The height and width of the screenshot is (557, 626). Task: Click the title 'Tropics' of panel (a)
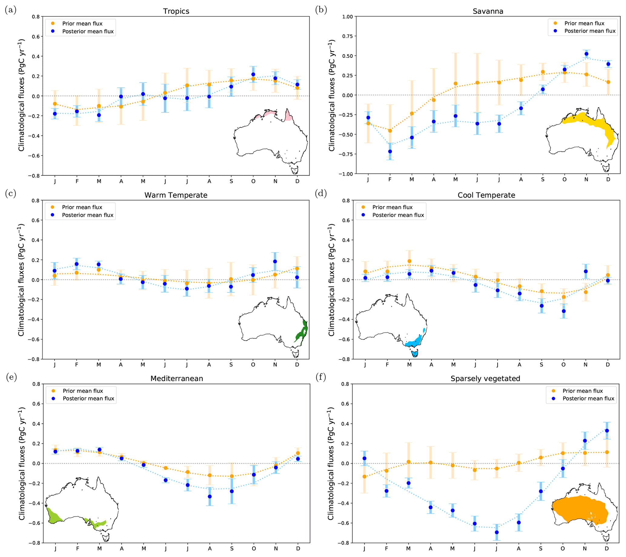pos(176,11)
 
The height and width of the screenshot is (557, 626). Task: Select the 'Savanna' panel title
pos(488,11)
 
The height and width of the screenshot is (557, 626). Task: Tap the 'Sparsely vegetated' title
pos(485,379)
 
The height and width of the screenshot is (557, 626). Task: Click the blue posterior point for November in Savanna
pos(586,54)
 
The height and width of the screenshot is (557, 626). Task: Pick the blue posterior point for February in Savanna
pos(390,151)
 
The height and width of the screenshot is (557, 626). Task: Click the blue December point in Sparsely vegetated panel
pos(607,430)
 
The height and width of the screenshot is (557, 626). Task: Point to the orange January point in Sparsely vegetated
pos(364,476)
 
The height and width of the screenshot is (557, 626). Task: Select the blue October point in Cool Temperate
pos(564,311)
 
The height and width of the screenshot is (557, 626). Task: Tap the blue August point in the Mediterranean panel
pos(210,496)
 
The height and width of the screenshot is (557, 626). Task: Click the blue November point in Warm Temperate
pos(275,262)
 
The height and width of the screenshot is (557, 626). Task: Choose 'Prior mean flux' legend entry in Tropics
pos(82,24)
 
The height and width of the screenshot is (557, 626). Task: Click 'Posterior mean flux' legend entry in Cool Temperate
pos(398,215)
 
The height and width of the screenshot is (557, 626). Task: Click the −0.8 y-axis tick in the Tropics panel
pos(35,176)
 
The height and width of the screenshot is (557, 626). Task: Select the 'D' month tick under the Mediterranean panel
pos(298,549)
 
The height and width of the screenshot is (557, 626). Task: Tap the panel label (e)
pos(11,377)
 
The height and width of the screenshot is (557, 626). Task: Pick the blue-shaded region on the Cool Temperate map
pos(415,341)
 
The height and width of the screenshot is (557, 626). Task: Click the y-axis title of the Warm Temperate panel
pos(21,280)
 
